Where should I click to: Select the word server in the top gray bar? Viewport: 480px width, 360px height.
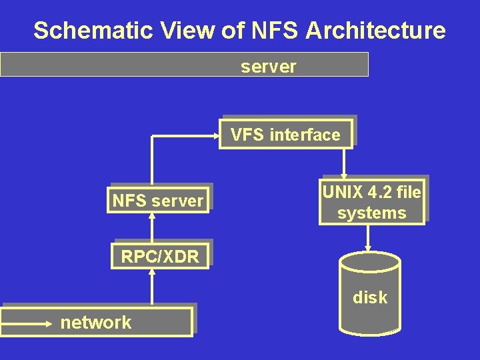pyautogui.click(x=268, y=66)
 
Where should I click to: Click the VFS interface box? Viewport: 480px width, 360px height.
pyautogui.click(x=286, y=134)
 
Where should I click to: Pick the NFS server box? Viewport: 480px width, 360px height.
pyautogui.click(x=158, y=200)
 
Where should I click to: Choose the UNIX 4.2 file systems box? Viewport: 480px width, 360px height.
pyautogui.click(x=371, y=202)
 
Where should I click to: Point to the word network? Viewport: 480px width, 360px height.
pyautogui.click(x=96, y=323)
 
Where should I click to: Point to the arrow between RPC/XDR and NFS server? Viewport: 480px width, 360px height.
pyautogui.click(x=152, y=227)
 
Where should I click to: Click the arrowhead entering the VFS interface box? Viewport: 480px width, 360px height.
pyautogui.click(x=217, y=135)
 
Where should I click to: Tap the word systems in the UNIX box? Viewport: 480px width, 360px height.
pyautogui.click(x=371, y=213)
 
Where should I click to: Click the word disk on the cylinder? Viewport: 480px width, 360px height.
pyautogui.click(x=370, y=297)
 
